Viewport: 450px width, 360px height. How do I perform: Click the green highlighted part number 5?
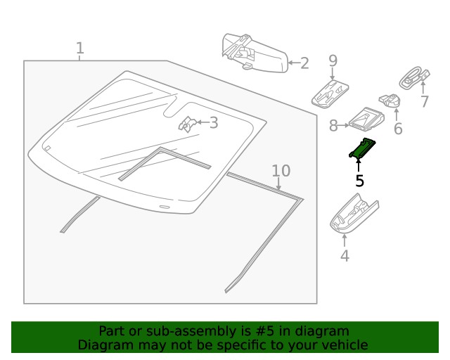coord(363,148)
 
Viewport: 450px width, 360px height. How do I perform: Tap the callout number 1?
coord(79,48)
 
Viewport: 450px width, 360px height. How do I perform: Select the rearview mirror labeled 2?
coord(253,52)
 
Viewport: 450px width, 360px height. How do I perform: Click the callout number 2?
coord(304,63)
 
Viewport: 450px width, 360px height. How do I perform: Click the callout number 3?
coord(213,123)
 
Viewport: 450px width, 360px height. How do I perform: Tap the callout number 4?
coord(345,256)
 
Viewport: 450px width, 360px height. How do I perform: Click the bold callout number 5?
coord(359,181)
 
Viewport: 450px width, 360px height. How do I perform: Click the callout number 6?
coord(397,129)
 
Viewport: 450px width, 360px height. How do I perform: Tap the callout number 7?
coord(424,102)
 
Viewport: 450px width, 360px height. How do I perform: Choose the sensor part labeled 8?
coord(368,120)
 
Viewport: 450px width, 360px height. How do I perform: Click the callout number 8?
coord(333,126)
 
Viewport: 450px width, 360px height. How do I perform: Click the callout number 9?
coord(333,61)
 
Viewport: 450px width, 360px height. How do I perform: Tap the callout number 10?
coord(281,171)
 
